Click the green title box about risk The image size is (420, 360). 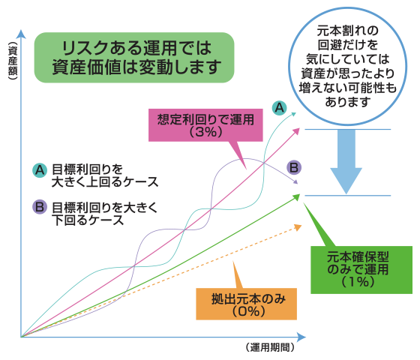[134, 58]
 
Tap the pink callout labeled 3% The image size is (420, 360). [205, 124]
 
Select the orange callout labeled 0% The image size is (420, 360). [246, 304]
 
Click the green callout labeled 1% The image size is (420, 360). [361, 270]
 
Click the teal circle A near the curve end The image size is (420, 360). [279, 108]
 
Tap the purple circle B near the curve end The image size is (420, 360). [294, 168]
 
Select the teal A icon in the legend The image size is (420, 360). [40, 170]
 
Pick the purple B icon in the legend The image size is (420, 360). [40, 207]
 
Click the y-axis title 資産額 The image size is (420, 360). [13, 61]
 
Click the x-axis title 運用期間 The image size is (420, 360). [270, 347]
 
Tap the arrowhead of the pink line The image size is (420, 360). [296, 131]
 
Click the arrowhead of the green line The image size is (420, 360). [296, 197]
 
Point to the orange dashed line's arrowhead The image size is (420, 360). [298, 227]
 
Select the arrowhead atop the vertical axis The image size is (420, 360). [21, 34]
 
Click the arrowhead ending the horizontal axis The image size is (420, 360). [301, 337]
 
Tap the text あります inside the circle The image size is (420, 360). [348, 102]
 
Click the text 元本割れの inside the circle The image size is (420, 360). [348, 31]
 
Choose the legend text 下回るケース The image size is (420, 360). [88, 220]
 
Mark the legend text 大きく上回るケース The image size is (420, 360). [105, 182]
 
